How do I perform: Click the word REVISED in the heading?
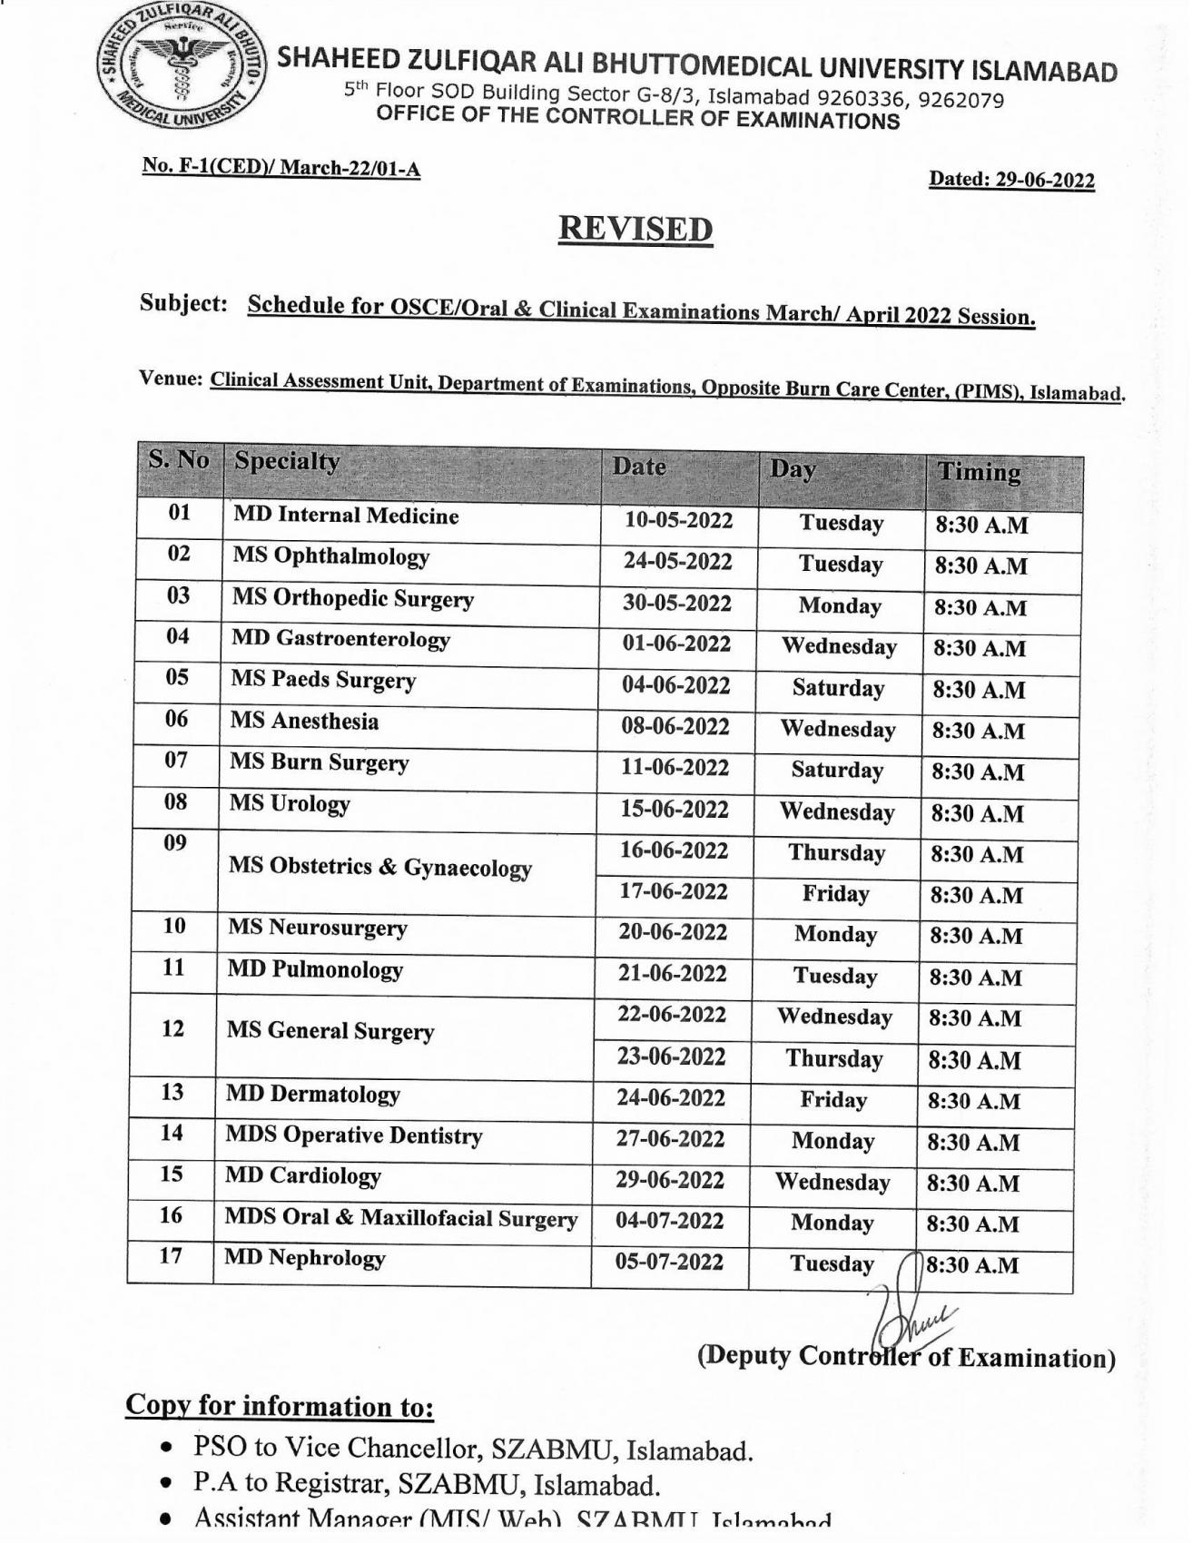(x=635, y=229)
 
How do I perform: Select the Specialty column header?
(x=287, y=462)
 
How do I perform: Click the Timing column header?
(x=979, y=473)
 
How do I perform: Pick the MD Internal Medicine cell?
(x=346, y=516)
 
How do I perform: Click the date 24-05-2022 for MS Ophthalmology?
(x=677, y=562)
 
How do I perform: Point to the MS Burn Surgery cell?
(x=319, y=762)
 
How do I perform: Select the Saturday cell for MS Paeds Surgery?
(x=838, y=689)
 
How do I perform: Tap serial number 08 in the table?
(x=176, y=802)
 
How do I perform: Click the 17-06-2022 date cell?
(x=674, y=892)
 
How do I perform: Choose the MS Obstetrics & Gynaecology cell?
(x=379, y=868)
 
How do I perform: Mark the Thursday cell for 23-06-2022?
(x=833, y=1059)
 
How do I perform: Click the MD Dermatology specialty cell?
(x=312, y=1095)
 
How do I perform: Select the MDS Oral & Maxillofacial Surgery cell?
(x=401, y=1218)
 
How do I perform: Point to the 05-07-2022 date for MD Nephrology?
(x=669, y=1263)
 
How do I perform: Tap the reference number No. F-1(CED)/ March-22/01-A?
(x=281, y=168)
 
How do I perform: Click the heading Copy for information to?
(x=280, y=1406)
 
